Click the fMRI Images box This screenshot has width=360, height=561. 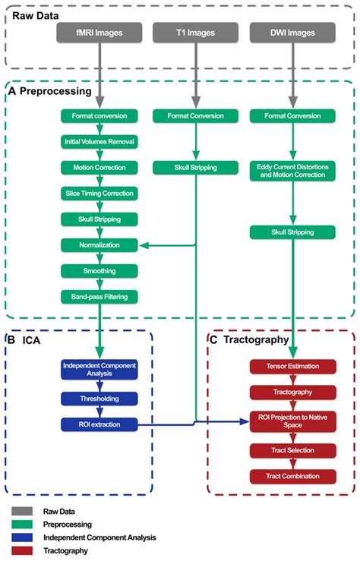click(99, 33)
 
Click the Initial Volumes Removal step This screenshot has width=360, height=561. click(99, 142)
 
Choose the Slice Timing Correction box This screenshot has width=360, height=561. click(99, 194)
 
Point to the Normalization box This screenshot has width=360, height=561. click(99, 245)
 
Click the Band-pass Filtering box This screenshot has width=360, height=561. click(99, 297)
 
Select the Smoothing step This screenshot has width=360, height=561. click(99, 271)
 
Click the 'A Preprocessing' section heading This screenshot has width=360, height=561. click(50, 91)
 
